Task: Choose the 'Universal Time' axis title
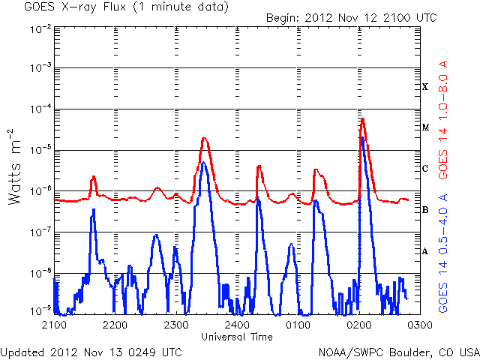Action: click(x=236, y=337)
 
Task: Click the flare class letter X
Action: click(x=425, y=87)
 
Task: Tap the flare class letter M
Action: click(x=425, y=127)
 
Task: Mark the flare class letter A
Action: click(x=425, y=251)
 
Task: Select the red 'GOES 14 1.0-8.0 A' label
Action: click(x=444, y=119)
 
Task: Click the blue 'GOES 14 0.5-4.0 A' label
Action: click(x=444, y=252)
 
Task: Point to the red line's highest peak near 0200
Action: click(x=362, y=118)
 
